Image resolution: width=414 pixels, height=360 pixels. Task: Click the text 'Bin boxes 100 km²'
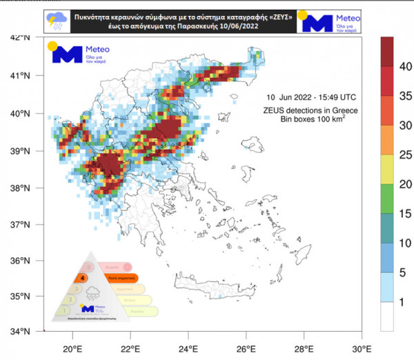312,119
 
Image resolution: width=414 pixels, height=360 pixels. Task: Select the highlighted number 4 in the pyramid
83,277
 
